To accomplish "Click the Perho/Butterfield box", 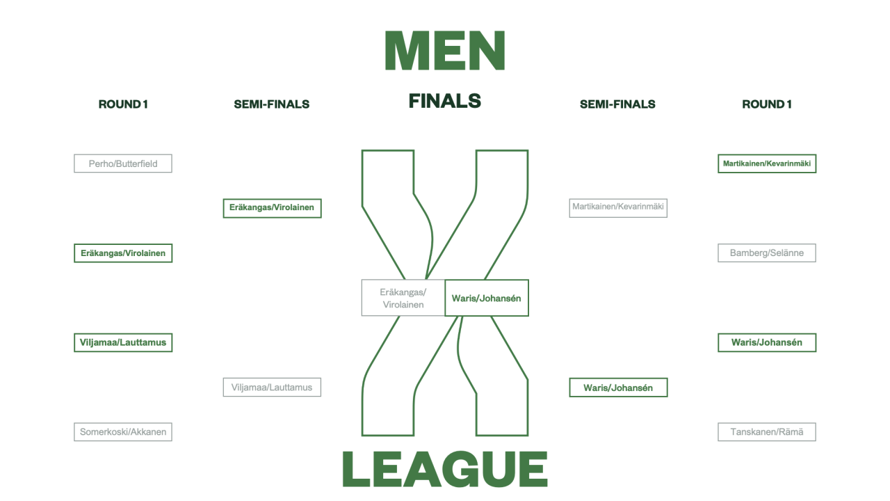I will point(123,164).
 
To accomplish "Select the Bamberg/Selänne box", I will point(766,253).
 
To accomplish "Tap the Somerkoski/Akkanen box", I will point(123,432).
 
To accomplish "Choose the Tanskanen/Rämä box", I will point(766,432).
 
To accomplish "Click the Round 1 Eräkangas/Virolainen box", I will point(123,253).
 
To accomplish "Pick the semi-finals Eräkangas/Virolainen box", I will point(272,207).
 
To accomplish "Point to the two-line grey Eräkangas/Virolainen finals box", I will point(403,298).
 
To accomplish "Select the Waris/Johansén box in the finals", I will point(486,298).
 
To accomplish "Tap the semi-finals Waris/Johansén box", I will point(618,388).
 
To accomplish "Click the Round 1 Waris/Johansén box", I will point(766,342).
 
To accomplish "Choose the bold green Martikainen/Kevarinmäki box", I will point(766,164).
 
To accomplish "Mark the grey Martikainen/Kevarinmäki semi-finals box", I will point(618,207).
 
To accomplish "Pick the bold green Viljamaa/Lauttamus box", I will point(123,342).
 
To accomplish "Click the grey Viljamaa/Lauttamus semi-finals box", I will point(272,388).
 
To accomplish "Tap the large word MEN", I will point(445,50).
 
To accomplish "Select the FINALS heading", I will point(445,101).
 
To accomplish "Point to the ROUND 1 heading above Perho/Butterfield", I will point(123,104).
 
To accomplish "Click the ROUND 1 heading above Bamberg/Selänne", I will point(766,104).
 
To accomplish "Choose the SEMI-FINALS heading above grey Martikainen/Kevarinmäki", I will point(617,104).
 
